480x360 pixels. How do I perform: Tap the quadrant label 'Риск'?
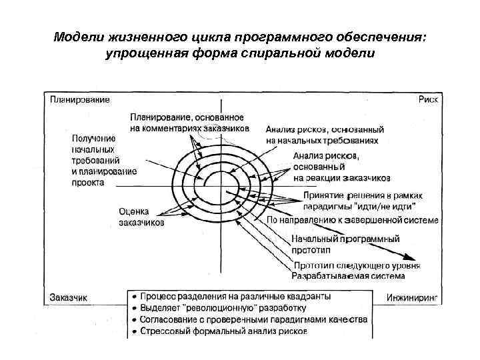click(x=427, y=99)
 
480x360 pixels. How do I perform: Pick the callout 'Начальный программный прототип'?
click(x=345, y=244)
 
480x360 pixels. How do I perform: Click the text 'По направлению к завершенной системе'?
click(x=352, y=220)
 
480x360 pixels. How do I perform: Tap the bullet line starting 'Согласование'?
click(x=253, y=319)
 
